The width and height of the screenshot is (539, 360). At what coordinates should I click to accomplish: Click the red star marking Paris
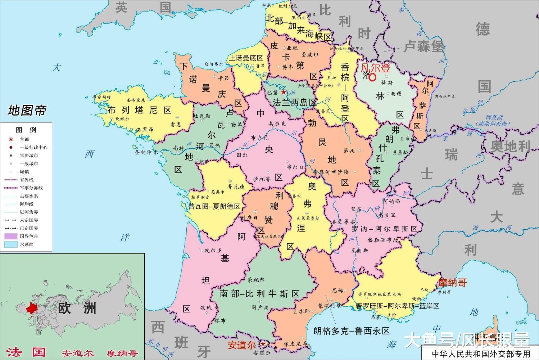click(x=284, y=92)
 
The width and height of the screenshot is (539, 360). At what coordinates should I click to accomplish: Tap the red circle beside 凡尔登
click(x=372, y=77)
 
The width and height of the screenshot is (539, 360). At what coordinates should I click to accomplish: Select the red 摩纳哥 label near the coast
click(x=453, y=283)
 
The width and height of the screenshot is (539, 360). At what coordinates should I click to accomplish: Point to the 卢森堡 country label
click(x=424, y=46)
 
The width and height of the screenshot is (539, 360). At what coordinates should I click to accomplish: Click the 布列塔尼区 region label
click(x=139, y=110)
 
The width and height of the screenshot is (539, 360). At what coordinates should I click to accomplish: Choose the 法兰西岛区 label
click(x=294, y=103)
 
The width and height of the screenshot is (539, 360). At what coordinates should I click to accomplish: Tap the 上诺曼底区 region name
click(x=246, y=58)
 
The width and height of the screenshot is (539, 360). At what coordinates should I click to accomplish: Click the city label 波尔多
click(x=213, y=250)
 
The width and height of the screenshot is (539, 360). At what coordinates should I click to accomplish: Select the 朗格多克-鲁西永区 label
click(x=352, y=331)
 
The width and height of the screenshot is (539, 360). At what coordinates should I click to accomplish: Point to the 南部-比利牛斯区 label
click(x=259, y=294)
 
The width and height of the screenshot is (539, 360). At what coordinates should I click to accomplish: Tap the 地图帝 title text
click(x=27, y=111)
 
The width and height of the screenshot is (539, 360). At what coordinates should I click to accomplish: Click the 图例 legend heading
click(x=26, y=130)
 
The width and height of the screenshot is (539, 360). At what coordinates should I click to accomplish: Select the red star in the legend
click(x=11, y=139)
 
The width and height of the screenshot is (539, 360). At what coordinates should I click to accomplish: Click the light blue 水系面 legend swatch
click(x=11, y=244)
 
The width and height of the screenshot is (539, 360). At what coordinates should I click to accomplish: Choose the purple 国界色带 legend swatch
click(x=11, y=237)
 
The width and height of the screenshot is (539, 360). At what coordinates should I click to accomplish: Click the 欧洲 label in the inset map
click(x=77, y=308)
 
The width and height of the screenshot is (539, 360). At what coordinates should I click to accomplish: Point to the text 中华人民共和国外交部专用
click(x=481, y=353)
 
